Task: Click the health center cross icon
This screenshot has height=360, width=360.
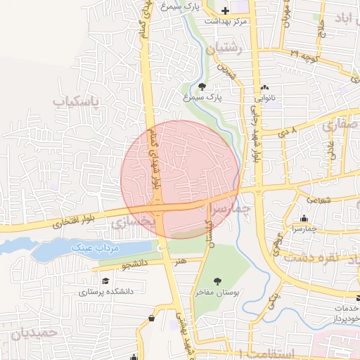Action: click(x=225, y=11)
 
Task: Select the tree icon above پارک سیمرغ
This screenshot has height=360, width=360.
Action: click(x=202, y=87)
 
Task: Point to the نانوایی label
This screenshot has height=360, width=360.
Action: click(x=265, y=99)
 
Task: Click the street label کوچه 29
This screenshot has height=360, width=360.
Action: click(x=304, y=54)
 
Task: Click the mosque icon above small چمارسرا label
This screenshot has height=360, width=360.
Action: click(x=303, y=219)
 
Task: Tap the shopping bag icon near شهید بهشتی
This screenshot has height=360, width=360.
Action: click(x=152, y=319)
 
